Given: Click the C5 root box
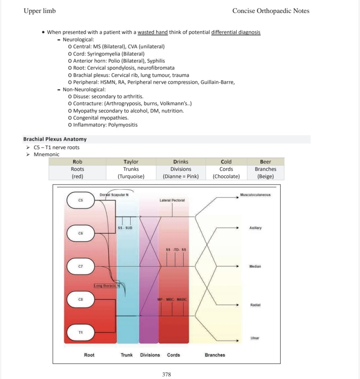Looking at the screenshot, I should click(80, 200).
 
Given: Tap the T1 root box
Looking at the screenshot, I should click(80, 332).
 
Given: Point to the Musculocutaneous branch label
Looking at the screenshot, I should click(255, 195).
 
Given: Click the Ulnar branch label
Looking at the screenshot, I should click(255, 338).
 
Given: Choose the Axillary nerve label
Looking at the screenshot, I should click(256, 228).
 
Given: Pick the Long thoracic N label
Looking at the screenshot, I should click(105, 286).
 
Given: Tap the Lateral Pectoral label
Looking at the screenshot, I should click(172, 200).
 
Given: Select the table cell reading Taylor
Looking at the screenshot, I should click(131, 162).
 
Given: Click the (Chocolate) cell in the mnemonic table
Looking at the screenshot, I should click(226, 177).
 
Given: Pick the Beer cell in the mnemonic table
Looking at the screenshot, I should click(265, 162).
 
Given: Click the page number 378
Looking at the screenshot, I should click(167, 375).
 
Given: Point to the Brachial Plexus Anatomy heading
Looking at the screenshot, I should click(55, 139).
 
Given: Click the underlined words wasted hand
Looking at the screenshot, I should click(153, 32).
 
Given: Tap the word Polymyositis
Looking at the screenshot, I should click(123, 125).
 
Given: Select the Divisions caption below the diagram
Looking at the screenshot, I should click(150, 355).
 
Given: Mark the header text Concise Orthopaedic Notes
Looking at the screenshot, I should click(271, 11).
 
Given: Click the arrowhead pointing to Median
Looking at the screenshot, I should click(237, 266).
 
